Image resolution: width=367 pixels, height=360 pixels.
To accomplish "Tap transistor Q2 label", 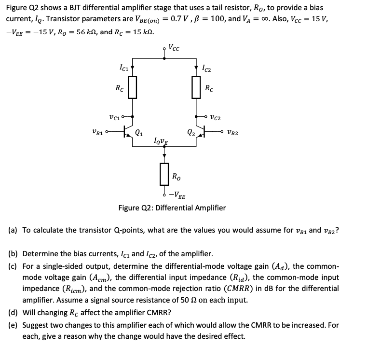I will (x=190, y=133).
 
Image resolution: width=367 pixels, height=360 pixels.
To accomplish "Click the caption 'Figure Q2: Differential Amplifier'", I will (x=172, y=208).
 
